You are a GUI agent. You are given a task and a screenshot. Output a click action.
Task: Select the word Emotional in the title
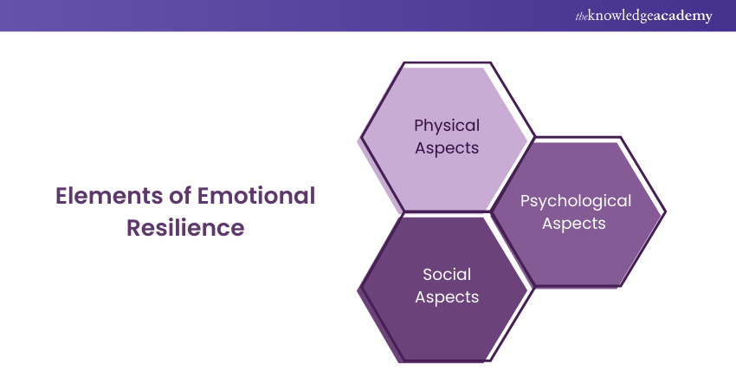(248, 197)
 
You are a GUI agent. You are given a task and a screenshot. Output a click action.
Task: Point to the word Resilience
(185, 229)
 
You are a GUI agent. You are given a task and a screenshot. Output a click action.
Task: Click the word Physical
(447, 125)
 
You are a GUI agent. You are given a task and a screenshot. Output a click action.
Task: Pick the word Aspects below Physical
(447, 147)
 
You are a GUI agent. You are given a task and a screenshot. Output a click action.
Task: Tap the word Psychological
(575, 201)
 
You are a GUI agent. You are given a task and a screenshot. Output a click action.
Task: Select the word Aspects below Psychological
(575, 223)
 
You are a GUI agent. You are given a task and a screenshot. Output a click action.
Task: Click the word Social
(447, 275)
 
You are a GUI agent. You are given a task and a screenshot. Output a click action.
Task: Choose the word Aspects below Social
(447, 296)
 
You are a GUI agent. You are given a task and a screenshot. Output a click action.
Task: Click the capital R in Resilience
(133, 229)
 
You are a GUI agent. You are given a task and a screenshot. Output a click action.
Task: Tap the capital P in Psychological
(525, 201)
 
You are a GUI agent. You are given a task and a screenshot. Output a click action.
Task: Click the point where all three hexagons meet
(490, 211)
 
